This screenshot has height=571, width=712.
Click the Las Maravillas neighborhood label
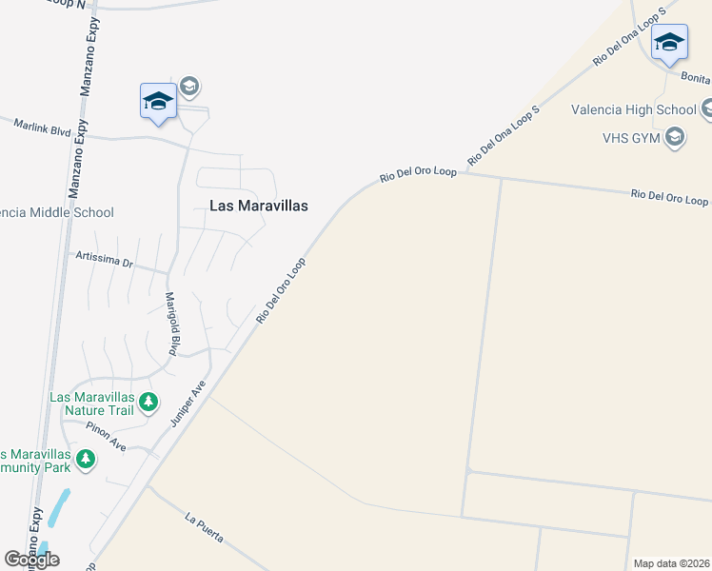[x=258, y=205]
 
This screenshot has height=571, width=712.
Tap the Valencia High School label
[x=625, y=109]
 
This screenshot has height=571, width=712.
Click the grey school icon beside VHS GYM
[x=675, y=137]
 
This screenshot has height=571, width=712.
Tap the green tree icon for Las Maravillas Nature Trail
[x=148, y=403]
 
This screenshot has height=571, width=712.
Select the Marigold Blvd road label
[x=174, y=323]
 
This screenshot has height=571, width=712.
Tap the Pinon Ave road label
[x=105, y=438]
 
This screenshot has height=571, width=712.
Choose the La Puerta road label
[x=204, y=529]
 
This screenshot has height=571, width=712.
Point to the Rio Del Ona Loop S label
[x=504, y=134]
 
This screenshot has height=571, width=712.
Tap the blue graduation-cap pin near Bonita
[x=669, y=43]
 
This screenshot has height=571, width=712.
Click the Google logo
[x=31, y=560]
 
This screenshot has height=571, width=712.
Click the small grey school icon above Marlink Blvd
[x=188, y=88]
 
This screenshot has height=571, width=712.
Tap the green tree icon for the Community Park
[x=86, y=461]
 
